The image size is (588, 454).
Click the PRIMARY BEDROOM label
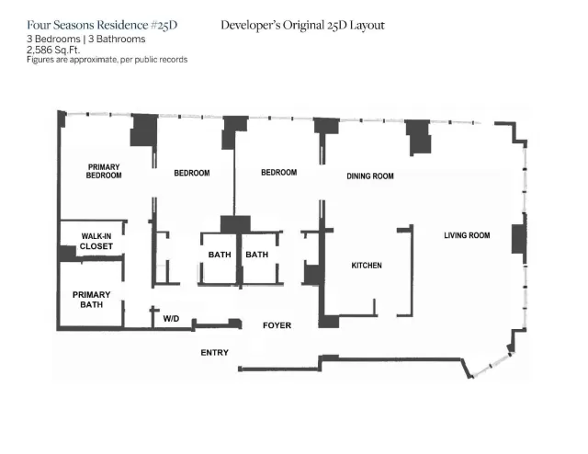pos(104,171)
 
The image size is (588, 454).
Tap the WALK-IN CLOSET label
pos(96,242)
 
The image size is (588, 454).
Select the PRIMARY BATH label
pos(91,299)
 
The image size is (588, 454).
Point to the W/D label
pos(171,319)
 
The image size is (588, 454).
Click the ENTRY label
pos(214,353)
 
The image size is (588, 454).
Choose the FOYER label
pos(277,326)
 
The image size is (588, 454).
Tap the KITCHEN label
pos(366,266)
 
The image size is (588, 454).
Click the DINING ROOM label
pos(369,176)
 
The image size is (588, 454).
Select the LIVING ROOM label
pos(467,235)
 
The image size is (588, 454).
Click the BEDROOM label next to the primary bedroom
pos(192,173)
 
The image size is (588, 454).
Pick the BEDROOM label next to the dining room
pos(278,172)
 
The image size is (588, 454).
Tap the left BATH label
pos(219,255)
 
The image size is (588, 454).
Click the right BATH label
pos(256,255)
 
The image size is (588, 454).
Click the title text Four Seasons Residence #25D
pos(102,25)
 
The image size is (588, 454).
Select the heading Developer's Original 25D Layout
pos(302,25)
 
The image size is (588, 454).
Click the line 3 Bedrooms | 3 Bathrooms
pos(86,40)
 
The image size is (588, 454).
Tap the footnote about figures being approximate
pos(107,60)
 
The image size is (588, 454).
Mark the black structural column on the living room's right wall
pos(518,235)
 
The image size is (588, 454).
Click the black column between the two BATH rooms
pos(236,224)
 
